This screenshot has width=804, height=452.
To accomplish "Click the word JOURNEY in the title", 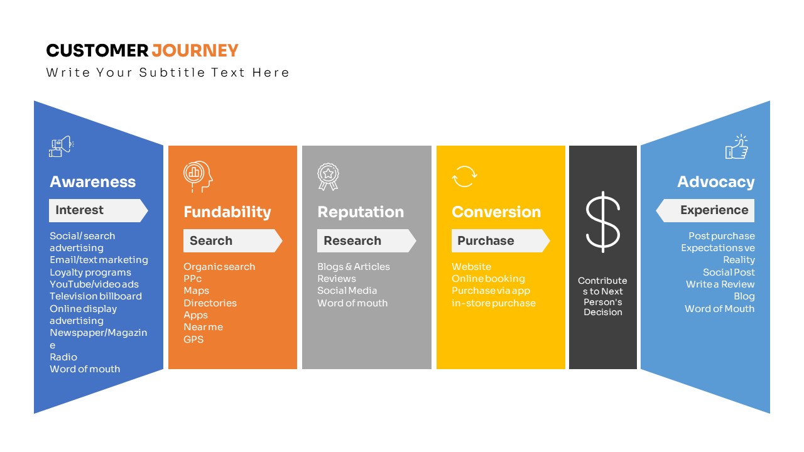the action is pos(195,51).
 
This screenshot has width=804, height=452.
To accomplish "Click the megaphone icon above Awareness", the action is pos(62,146).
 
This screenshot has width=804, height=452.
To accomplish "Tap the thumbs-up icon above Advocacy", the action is pos(737,147).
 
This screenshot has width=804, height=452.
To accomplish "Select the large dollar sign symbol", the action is pos(602,222).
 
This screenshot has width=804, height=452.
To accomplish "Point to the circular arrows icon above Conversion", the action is pos(464,176).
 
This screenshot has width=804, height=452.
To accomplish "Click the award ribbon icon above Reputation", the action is pos(328,177).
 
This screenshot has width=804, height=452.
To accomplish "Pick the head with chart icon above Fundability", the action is pos(198,176).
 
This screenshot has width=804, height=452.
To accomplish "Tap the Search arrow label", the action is pos(232,240).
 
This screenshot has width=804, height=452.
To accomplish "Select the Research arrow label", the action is pos(366,240).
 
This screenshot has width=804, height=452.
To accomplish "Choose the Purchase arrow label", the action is pos(501,240).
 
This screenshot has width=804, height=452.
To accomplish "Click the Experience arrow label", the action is pos(705,210).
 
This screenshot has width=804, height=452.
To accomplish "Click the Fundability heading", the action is pos(227,212).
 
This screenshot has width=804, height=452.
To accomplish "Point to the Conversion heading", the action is pos(496,212).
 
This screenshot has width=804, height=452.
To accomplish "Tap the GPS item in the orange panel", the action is pos(193,340).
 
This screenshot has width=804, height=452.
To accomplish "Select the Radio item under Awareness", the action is pos(63,357).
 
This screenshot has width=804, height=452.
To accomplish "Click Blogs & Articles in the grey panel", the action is pos(354,267).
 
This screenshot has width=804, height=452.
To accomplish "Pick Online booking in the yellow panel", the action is pos(488,279).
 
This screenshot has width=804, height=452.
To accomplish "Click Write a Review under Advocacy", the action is pos(720,284).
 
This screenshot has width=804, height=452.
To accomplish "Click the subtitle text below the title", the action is pos(168,73).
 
